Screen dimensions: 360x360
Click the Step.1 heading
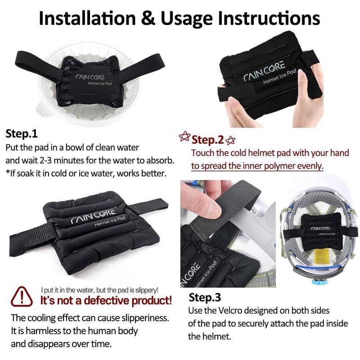[x=22, y=133]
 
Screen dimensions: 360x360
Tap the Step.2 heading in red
[x=207, y=139]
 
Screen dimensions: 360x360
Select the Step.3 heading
[x=205, y=297]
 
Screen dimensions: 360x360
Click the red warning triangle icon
[x=22, y=297]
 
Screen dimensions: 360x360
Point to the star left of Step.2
[x=184, y=136]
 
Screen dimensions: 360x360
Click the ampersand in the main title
[x=148, y=18]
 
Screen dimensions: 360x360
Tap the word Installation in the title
[x=87, y=18]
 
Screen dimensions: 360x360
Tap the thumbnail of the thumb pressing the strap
[x=228, y=234]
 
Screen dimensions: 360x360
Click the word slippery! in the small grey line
[x=147, y=290]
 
